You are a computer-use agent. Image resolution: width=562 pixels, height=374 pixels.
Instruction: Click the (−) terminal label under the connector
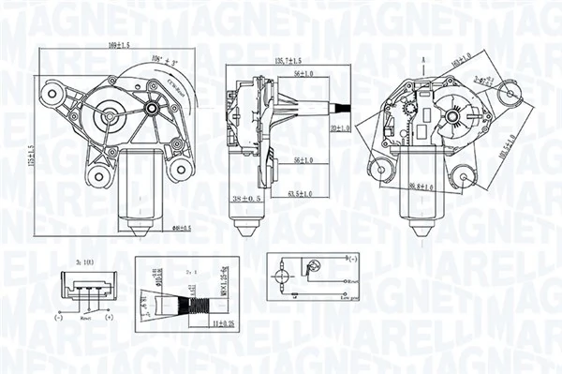tap(58, 318)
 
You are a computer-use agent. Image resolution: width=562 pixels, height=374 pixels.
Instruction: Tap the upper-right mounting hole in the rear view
tap(511, 92)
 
